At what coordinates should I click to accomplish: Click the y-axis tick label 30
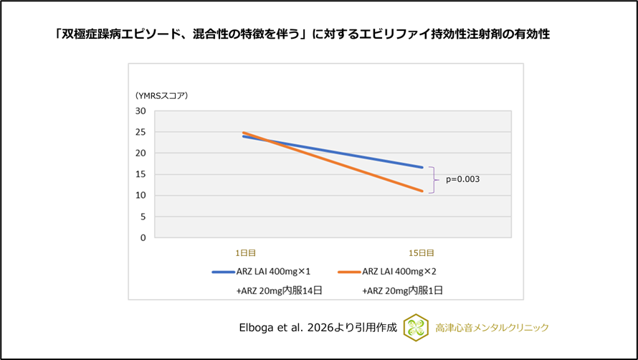click(x=141, y=111)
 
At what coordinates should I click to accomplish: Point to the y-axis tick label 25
click(x=141, y=132)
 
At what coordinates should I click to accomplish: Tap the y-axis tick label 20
click(x=141, y=153)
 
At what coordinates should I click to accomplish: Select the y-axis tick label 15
click(x=141, y=174)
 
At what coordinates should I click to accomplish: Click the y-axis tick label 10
click(x=141, y=196)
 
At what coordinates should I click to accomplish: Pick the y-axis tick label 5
click(x=143, y=217)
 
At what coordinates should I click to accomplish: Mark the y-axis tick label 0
click(x=143, y=237)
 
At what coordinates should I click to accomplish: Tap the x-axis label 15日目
click(x=422, y=252)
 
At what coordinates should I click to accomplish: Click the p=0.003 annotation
click(x=462, y=180)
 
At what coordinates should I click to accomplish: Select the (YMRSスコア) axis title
click(x=161, y=95)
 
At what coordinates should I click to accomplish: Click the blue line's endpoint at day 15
click(x=422, y=167)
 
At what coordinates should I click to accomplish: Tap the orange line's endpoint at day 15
click(x=422, y=191)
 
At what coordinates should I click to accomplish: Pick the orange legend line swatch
click(x=349, y=272)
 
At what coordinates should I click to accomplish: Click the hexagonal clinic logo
click(x=416, y=327)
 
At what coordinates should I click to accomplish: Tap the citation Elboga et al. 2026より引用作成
click(x=318, y=328)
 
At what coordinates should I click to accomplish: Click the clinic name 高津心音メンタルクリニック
click(x=492, y=328)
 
